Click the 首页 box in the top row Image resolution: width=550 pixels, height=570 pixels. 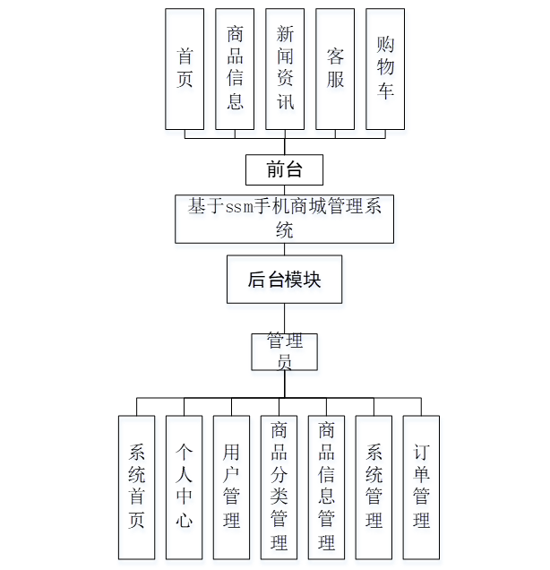tap(185, 69)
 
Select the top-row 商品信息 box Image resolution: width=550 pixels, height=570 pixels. tap(235, 69)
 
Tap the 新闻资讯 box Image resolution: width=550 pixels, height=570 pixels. tap(285, 69)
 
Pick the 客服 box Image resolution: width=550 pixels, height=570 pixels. tap(335, 69)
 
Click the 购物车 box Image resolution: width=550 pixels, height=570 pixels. tap(385, 69)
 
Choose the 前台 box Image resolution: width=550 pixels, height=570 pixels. tap(284, 169)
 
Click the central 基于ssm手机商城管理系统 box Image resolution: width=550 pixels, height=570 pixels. tap(284, 219)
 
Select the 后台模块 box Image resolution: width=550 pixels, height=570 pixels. tap(284, 279)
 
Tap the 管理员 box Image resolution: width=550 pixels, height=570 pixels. tap(284, 351)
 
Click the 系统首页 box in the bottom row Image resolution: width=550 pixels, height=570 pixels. tap(136, 487)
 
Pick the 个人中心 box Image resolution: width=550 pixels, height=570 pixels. tap(184, 487)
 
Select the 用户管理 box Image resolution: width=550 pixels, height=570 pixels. tap(231, 487)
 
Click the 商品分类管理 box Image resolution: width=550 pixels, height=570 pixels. tap(279, 487)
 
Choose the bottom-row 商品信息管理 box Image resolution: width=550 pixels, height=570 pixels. tap(326, 487)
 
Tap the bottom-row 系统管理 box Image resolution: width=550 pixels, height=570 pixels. tap(374, 487)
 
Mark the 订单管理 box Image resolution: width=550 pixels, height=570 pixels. tap(421, 487)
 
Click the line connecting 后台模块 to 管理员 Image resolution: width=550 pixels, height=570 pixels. tap(285, 318)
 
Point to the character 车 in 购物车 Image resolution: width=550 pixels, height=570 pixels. tap(385, 91)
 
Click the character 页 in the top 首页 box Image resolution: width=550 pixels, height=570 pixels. tap(185, 80)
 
